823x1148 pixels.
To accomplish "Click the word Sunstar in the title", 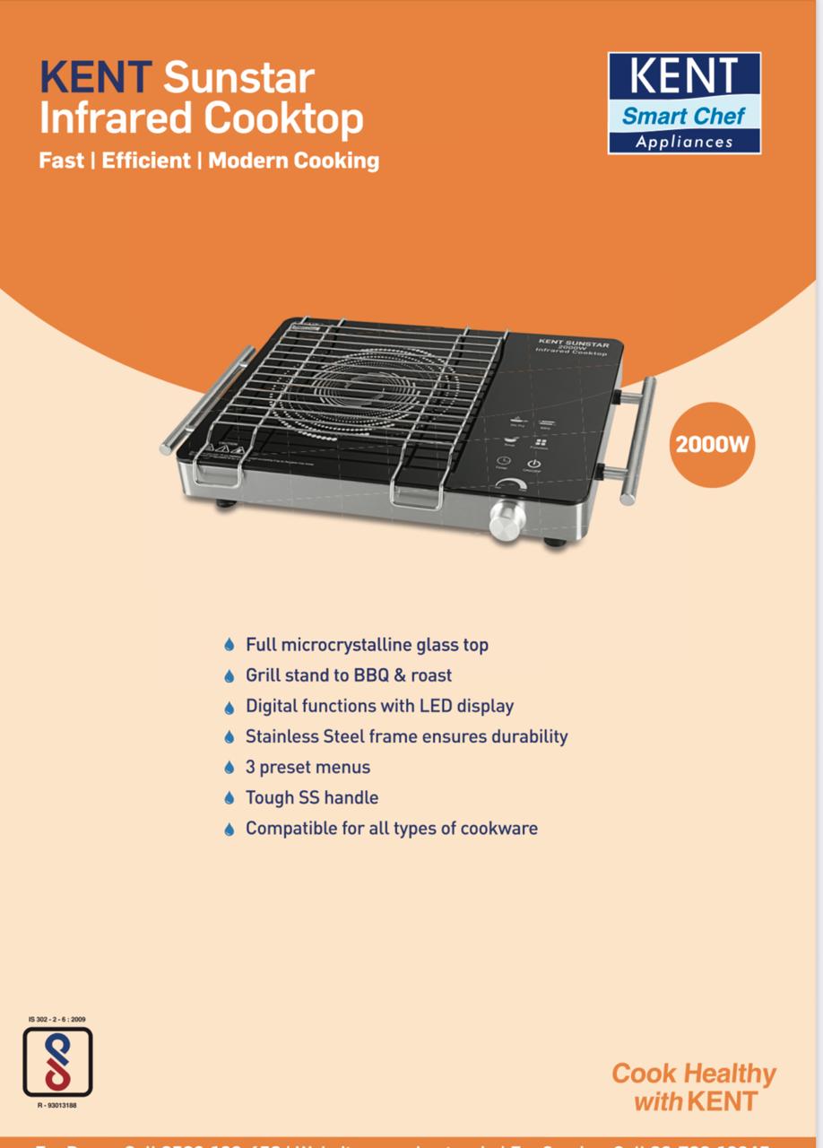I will tap(238, 79).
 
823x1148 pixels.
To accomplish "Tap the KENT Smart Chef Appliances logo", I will tap(684, 103).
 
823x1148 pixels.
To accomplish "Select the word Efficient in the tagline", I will tap(146, 161).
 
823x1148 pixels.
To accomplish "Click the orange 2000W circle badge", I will tap(712, 445).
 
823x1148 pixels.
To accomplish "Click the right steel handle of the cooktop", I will tap(638, 439).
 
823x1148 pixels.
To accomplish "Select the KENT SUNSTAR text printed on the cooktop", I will tap(573, 343).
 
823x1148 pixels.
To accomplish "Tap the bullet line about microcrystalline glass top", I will tap(367, 645).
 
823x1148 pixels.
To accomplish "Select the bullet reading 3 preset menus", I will tap(308, 767).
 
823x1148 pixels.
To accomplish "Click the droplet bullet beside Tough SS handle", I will tap(229, 798).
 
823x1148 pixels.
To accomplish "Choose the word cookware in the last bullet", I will tap(498, 828).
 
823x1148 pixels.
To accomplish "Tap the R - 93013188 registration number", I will tap(57, 1107).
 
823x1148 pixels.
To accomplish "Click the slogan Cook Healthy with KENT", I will tap(694, 1087).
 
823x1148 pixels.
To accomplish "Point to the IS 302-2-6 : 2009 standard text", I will tap(57, 1020).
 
